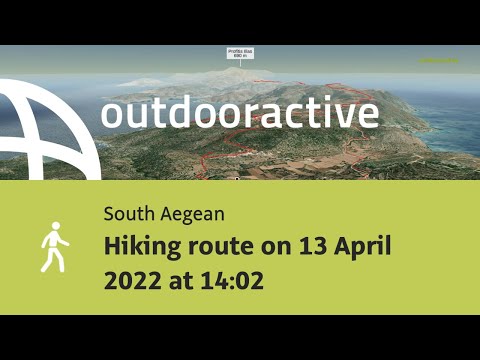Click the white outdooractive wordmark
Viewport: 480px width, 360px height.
coord(239,112)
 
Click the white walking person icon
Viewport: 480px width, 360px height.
coord(54,246)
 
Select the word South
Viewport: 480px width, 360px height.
coord(125,213)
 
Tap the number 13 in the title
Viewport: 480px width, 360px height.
coord(309,245)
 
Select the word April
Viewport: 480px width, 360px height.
coord(361,245)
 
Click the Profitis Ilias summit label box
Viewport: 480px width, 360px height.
coord(240,52)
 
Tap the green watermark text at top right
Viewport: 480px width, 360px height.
coord(439,60)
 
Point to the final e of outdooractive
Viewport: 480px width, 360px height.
coord(368,113)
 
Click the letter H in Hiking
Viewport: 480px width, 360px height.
coord(110,245)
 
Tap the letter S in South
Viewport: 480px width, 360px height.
coord(107,213)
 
